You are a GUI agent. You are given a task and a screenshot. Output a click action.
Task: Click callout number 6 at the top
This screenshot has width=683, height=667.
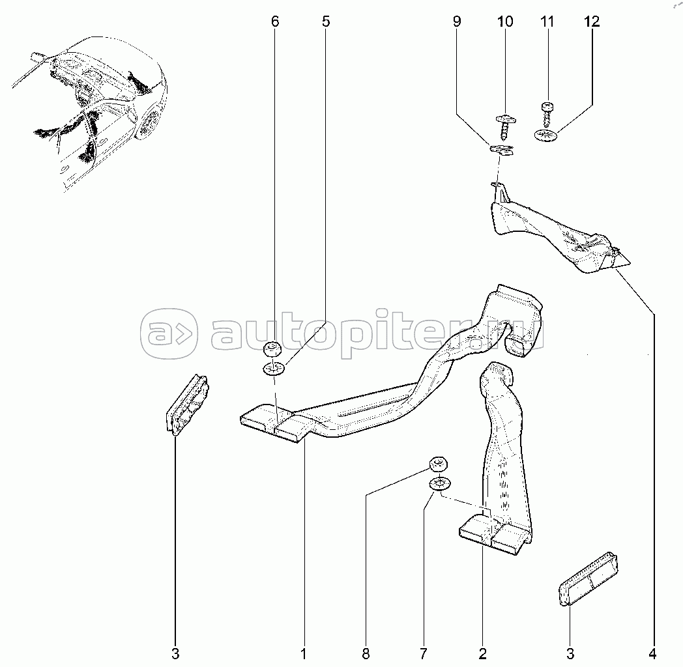[x=275, y=21]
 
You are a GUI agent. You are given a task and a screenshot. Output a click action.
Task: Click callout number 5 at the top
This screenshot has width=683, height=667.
[x=326, y=21]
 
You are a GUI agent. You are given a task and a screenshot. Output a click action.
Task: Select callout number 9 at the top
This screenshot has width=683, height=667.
[x=456, y=21]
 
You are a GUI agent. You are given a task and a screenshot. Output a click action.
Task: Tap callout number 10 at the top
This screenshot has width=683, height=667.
[x=505, y=21]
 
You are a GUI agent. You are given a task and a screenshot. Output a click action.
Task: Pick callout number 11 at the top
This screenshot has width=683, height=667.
[x=547, y=21]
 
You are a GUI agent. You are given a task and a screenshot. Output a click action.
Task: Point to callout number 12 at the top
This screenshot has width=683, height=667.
[x=592, y=21]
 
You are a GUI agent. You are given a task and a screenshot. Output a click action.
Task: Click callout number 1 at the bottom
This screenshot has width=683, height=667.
[x=304, y=653]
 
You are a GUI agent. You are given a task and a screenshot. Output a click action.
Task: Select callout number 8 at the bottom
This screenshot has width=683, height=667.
[x=366, y=653]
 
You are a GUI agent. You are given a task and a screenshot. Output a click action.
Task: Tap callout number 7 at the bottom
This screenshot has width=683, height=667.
[x=424, y=653]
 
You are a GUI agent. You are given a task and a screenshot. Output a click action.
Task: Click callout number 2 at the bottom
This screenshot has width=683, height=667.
[x=482, y=653]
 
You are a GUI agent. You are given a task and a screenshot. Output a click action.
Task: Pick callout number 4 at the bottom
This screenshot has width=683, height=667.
[x=652, y=653]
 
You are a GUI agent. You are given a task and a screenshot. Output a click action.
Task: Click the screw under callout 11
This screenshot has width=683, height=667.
[x=547, y=114]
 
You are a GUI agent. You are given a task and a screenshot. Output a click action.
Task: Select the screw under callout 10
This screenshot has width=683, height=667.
[x=505, y=126]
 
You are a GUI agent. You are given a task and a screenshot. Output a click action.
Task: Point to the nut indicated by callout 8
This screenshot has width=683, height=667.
[x=439, y=464]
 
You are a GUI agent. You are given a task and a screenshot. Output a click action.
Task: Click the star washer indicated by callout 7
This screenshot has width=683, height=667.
[x=440, y=483]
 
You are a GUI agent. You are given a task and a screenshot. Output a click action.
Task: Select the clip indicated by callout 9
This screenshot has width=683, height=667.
[x=502, y=149]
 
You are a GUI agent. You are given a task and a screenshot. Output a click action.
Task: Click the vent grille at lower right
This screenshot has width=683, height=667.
[x=589, y=579]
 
